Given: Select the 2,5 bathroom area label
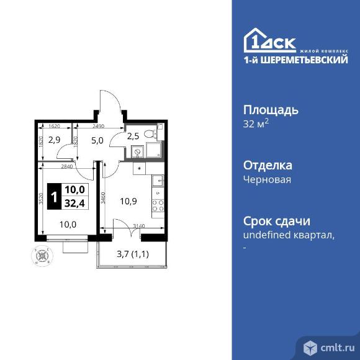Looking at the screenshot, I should tap(132, 136).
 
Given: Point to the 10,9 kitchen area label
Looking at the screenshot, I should tap(127, 201).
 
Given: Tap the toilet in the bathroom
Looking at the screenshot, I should tap(148, 134).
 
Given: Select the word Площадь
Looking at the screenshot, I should tap(270, 110).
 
